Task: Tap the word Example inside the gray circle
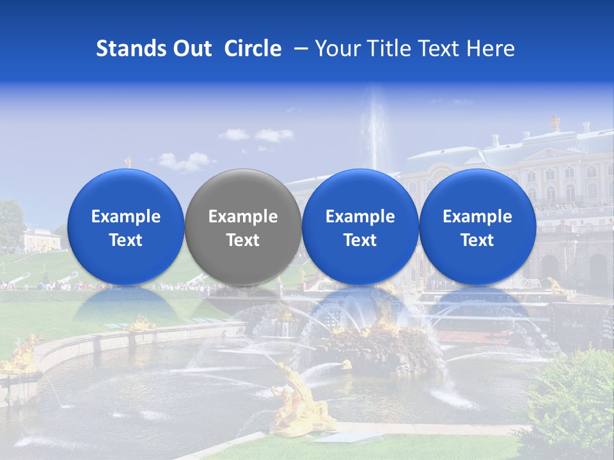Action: click(243, 217)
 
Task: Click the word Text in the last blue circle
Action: click(477, 240)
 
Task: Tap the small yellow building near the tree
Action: click(42, 240)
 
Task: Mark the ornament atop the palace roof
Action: click(555, 121)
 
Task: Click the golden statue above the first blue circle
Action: click(128, 162)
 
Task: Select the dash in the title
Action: click(298, 49)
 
